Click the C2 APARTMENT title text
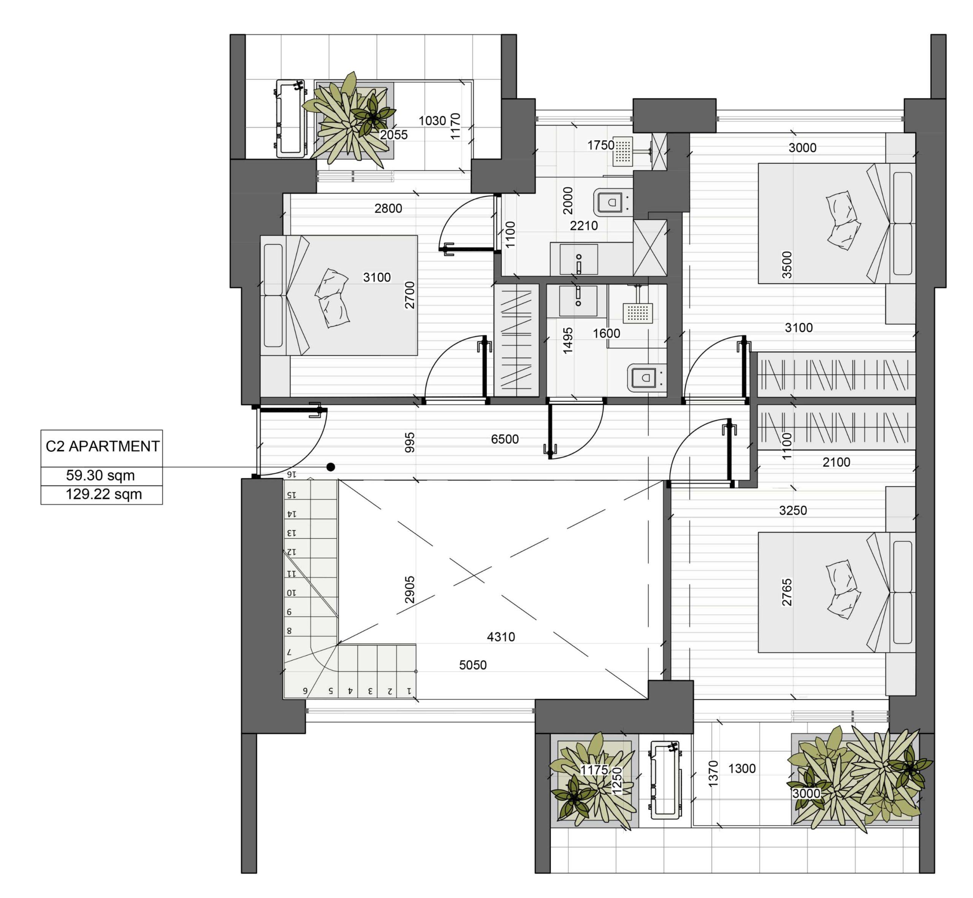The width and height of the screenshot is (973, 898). (x=102, y=446)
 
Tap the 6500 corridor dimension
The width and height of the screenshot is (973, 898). (x=504, y=439)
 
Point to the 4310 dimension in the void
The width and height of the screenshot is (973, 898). (x=501, y=637)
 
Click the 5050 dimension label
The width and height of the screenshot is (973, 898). (x=473, y=665)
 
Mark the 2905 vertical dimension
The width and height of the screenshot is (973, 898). (x=410, y=589)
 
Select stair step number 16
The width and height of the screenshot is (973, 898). (x=291, y=474)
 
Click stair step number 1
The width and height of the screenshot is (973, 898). (x=409, y=691)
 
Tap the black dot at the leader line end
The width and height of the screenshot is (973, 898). (x=331, y=467)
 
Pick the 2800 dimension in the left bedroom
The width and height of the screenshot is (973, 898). (x=388, y=209)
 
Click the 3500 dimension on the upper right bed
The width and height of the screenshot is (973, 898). (x=787, y=265)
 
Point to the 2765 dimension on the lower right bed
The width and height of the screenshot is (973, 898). (x=787, y=592)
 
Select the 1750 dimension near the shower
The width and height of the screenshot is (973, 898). (x=601, y=145)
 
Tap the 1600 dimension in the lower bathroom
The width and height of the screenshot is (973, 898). (x=606, y=333)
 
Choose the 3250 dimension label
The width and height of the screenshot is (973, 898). (x=793, y=510)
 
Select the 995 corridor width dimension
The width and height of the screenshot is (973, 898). (x=410, y=443)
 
